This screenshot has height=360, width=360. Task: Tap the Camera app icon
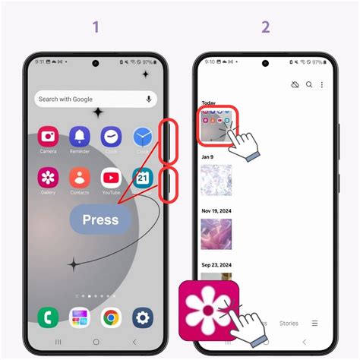[x=48, y=137]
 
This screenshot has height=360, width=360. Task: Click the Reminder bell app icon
[x=80, y=137]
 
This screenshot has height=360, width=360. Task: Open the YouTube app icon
[x=111, y=178]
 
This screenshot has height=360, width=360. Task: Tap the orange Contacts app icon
[x=80, y=178]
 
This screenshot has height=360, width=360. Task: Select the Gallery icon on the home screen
[x=48, y=178]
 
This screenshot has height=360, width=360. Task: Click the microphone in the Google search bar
[x=147, y=99]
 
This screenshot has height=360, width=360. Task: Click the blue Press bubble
[x=100, y=219]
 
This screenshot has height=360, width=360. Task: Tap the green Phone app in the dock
[x=48, y=317]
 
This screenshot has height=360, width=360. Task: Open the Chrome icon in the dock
[x=111, y=317]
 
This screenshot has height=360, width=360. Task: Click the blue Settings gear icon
[x=142, y=317]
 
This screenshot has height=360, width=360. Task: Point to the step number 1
[x=96, y=27]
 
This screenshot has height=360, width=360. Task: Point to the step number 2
[x=265, y=27]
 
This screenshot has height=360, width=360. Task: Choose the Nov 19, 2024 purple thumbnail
[x=216, y=235]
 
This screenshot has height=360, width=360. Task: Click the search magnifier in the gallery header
[x=309, y=85]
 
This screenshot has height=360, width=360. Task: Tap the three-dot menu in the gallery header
[x=321, y=85]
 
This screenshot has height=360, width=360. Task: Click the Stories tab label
[x=289, y=323]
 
